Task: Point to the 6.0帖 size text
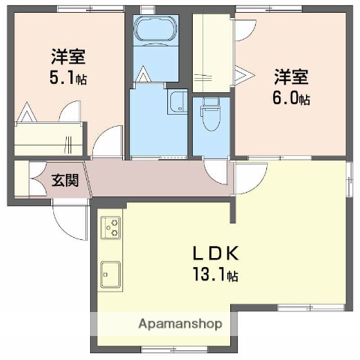(x=292, y=97)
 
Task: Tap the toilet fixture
(x=209, y=117)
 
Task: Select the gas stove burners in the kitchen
(x=110, y=227)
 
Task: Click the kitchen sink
(x=110, y=275)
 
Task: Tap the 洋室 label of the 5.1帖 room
(x=67, y=55)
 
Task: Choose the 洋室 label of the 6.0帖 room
(x=289, y=76)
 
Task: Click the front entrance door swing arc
(x=69, y=218)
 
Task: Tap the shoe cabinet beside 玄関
(x=22, y=179)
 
